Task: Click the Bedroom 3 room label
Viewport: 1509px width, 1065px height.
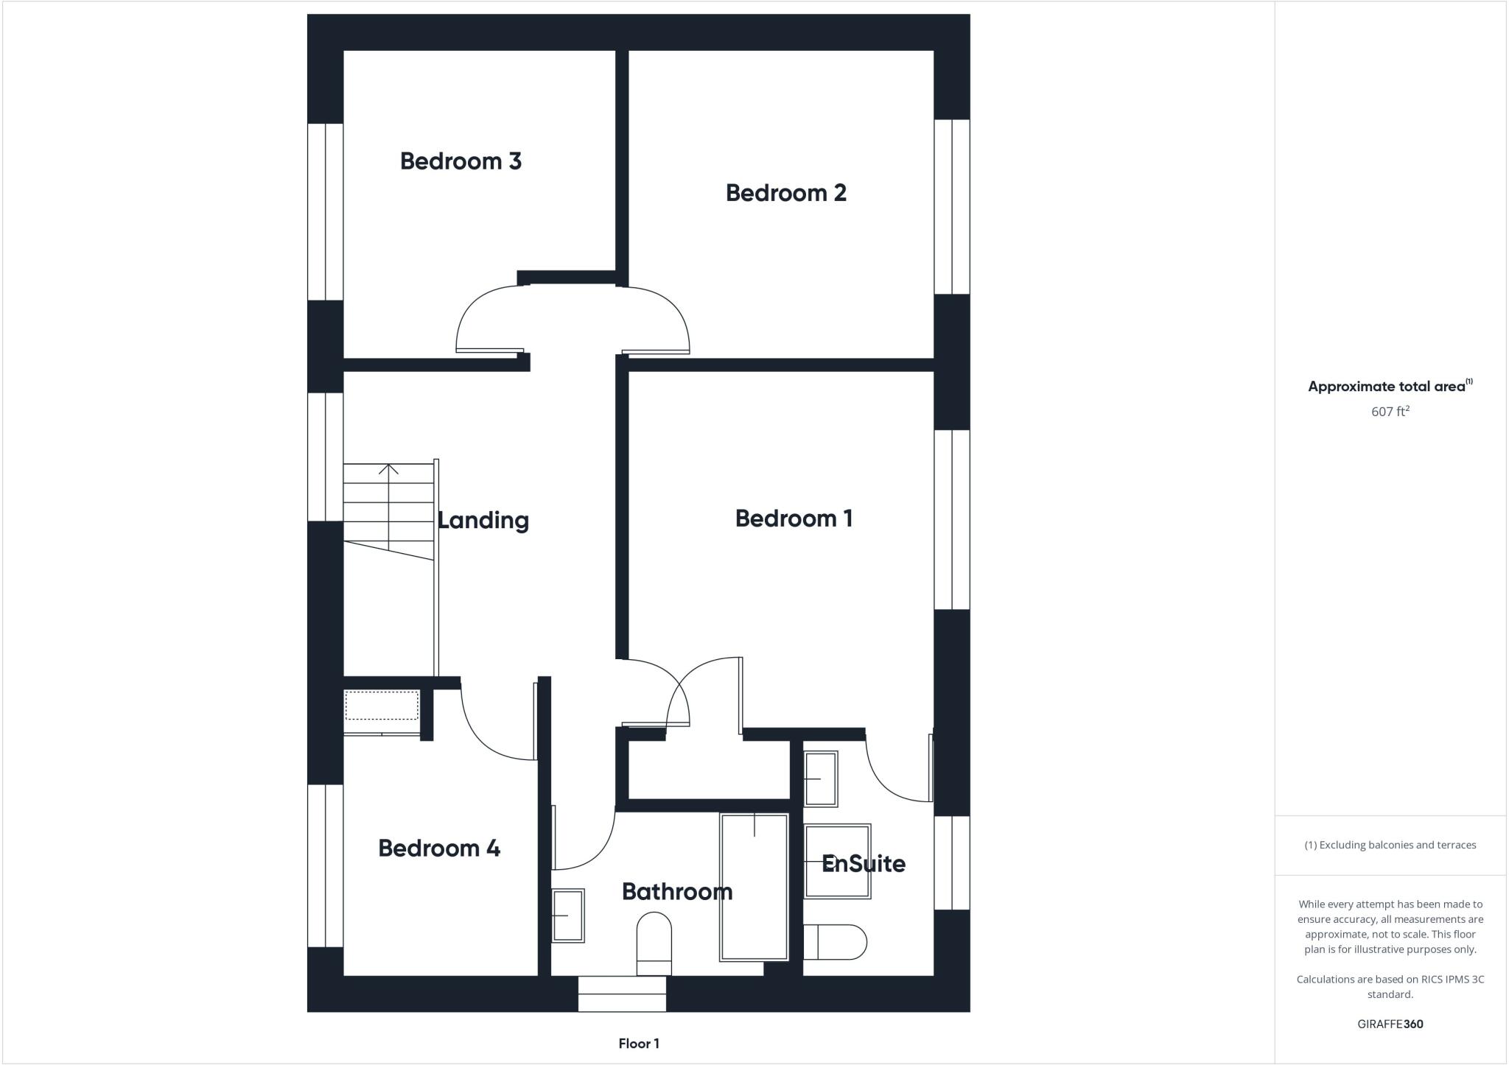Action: pos(461,161)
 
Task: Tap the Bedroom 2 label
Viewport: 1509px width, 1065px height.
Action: pos(785,193)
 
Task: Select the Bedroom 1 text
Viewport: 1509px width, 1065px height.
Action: pos(794,519)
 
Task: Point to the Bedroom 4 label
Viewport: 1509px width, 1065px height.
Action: pos(439,848)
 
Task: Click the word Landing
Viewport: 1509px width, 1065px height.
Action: pos(483,521)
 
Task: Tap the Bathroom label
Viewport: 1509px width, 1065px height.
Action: pos(676,892)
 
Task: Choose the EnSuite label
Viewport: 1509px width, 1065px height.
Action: pos(863,863)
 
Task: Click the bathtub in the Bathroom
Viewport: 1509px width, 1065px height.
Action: pos(754,887)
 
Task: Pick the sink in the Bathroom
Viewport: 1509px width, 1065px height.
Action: pos(567,915)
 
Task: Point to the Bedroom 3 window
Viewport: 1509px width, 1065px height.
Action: pos(325,211)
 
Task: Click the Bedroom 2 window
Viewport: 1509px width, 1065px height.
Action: pos(952,207)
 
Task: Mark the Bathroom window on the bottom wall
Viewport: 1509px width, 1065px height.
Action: pos(622,994)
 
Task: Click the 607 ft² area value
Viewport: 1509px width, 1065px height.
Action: pos(1390,412)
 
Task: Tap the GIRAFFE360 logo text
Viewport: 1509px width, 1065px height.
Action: pos(1390,1024)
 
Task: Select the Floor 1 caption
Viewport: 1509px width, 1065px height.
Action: pos(639,1044)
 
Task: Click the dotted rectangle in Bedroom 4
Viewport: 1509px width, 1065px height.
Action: pos(382,705)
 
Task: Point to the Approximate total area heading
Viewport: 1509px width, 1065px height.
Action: pos(1387,387)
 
